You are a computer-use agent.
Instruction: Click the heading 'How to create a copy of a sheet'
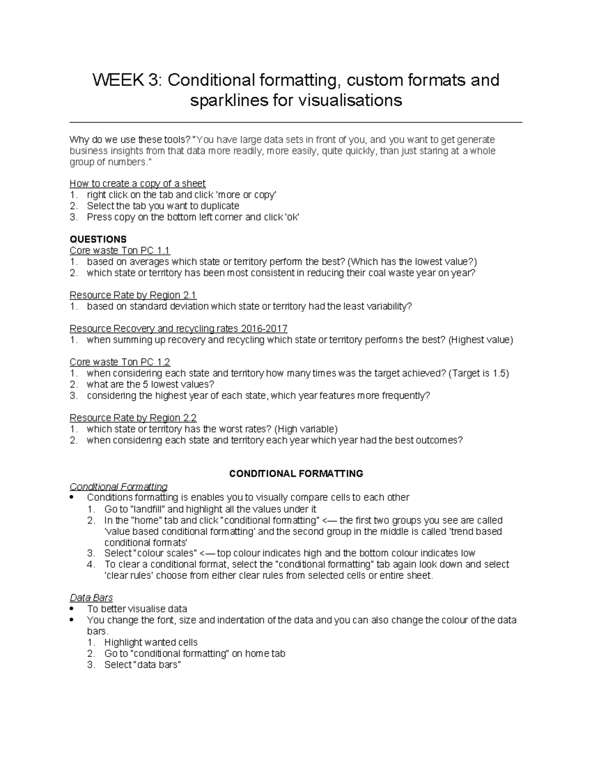pyautogui.click(x=138, y=184)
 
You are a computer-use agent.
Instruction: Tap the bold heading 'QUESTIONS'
pyautogui.click(x=98, y=240)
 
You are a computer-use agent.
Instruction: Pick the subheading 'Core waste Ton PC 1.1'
pyautogui.click(x=120, y=251)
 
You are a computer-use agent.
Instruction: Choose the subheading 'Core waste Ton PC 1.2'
pyautogui.click(x=120, y=362)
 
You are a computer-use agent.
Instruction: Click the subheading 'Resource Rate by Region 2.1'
pyautogui.click(x=133, y=295)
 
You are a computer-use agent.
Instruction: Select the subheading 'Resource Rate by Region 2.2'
pyautogui.click(x=133, y=418)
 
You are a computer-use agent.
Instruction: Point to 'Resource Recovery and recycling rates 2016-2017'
pyautogui.click(x=179, y=328)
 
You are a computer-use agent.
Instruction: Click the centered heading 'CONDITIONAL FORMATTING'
pyautogui.click(x=296, y=474)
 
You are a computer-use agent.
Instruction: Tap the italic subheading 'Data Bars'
pyautogui.click(x=91, y=598)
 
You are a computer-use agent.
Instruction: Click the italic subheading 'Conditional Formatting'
pyautogui.click(x=118, y=486)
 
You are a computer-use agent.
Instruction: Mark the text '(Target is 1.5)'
pyautogui.click(x=479, y=373)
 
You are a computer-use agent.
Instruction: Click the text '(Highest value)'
pyautogui.click(x=481, y=340)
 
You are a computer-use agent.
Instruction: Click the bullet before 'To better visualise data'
pyautogui.click(x=73, y=609)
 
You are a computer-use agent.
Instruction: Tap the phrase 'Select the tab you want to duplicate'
pyautogui.click(x=163, y=206)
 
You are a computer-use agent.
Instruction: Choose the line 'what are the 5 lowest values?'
pyautogui.click(x=150, y=384)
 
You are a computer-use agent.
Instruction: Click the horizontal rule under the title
pyautogui.click(x=296, y=122)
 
